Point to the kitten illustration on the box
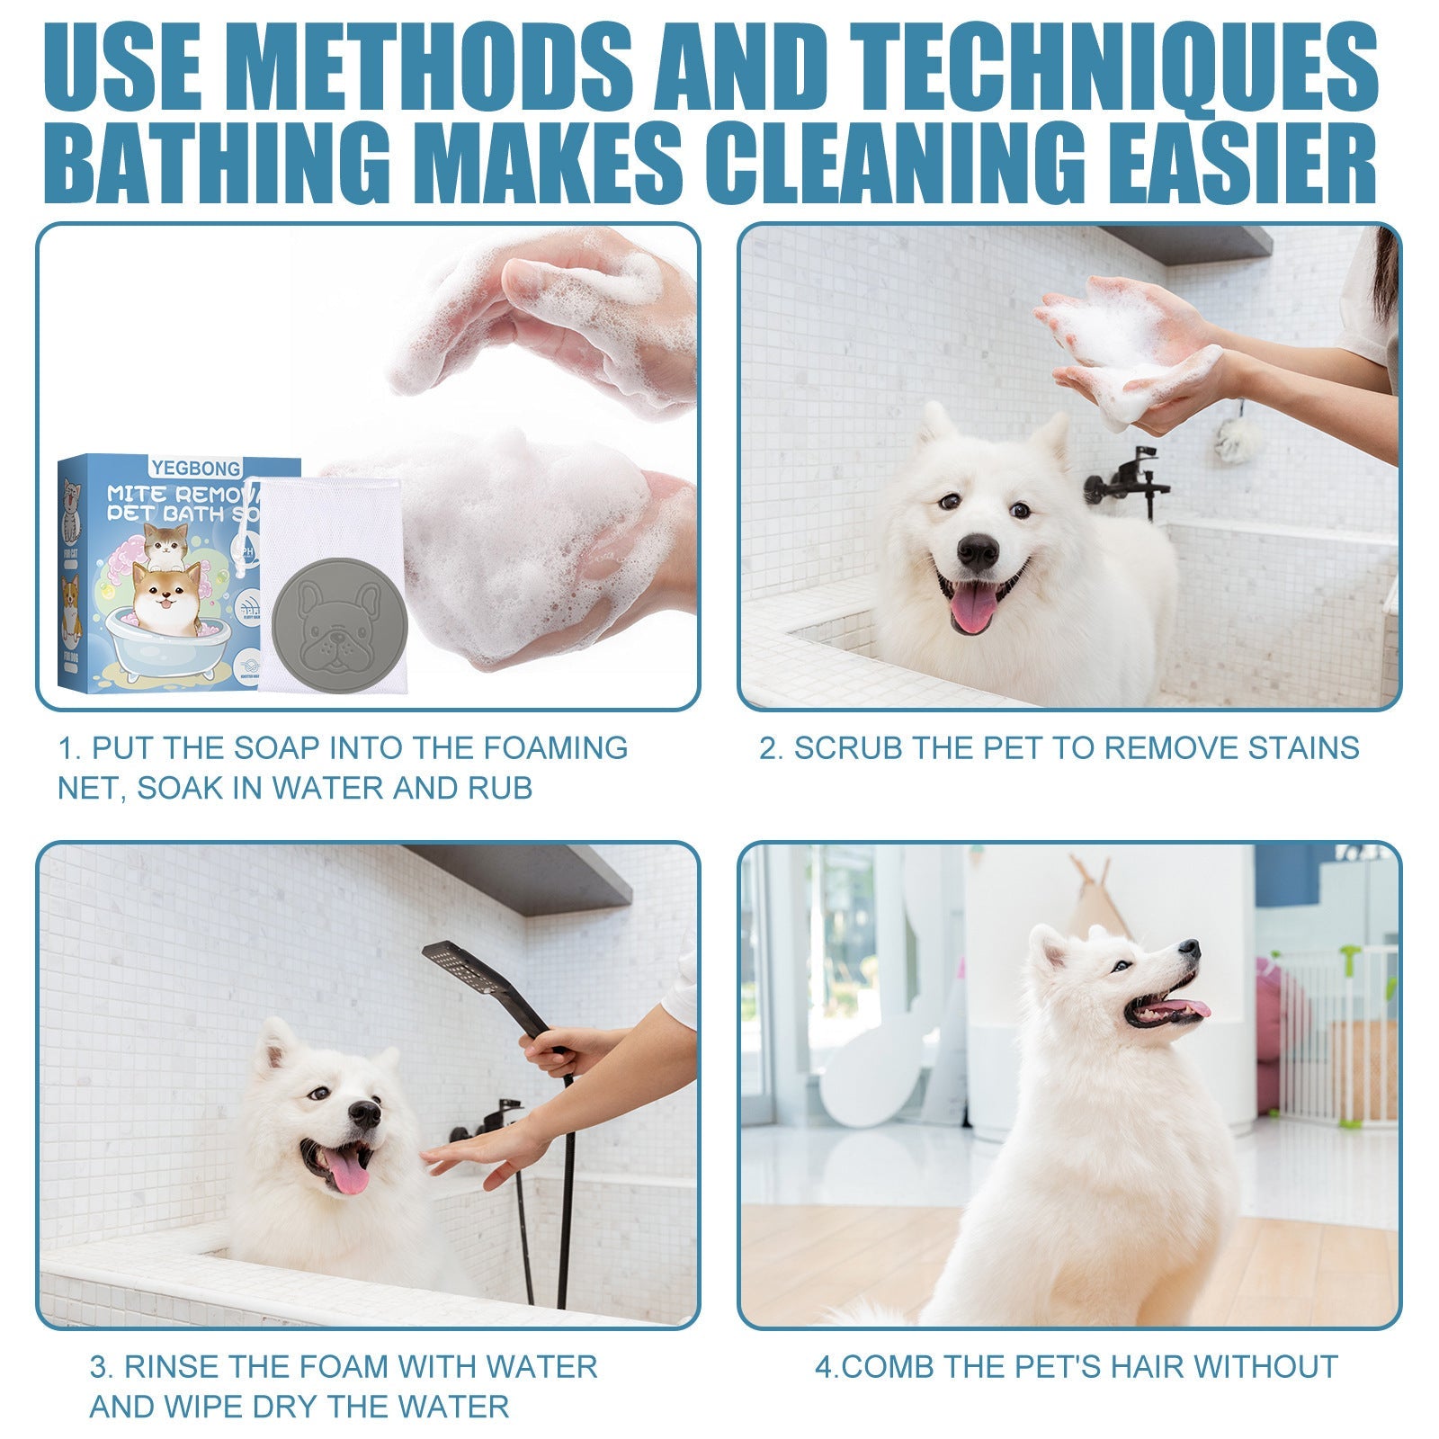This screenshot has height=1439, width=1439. (x=166, y=543)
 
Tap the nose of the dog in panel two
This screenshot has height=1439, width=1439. (x=978, y=551)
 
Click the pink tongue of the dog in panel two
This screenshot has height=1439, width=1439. (x=974, y=605)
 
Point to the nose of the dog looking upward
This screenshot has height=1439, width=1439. (x=1189, y=949)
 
